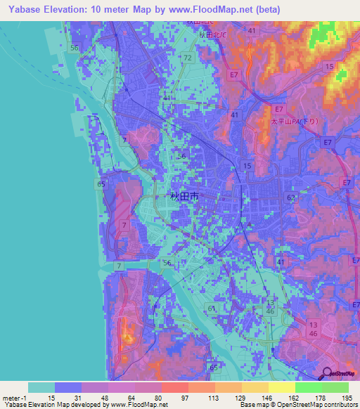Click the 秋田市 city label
(x=184, y=197)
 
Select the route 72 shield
(x=187, y=57)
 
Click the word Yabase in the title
(x=21, y=10)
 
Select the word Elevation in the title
(x=70, y=10)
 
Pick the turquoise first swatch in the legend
(x=41, y=387)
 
